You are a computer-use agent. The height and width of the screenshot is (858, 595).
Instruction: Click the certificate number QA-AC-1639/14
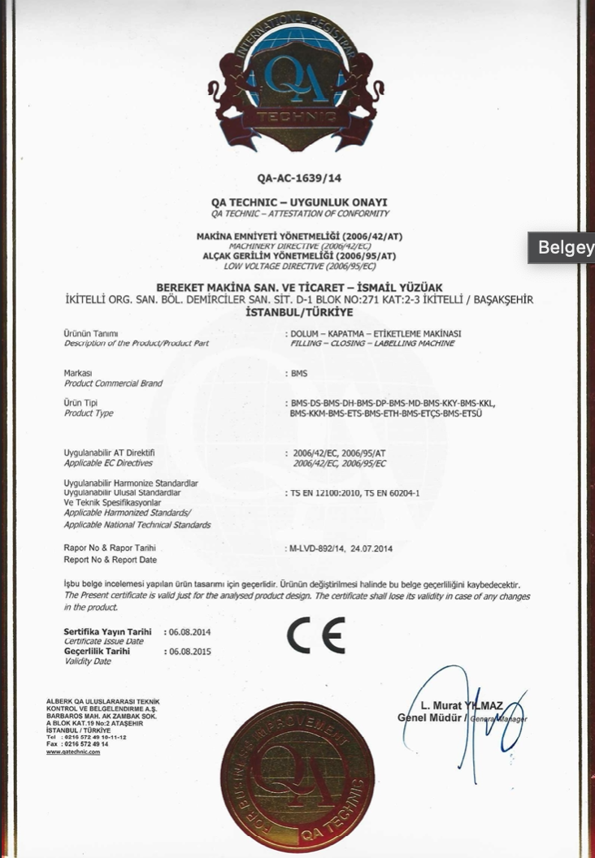click(x=299, y=179)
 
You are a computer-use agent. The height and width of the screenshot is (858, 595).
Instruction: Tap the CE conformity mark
click(x=315, y=636)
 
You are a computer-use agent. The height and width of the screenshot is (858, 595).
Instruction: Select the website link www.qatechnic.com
click(x=73, y=752)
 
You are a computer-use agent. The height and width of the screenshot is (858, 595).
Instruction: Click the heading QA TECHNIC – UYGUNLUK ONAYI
click(x=299, y=202)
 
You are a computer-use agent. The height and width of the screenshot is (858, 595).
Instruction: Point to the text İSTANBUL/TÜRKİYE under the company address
click(x=299, y=312)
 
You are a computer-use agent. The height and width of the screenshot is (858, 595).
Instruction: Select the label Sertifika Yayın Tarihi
click(x=107, y=631)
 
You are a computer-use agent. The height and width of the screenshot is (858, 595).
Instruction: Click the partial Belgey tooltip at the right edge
click(x=564, y=247)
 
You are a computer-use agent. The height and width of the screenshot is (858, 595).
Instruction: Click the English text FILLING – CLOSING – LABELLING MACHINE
click(x=371, y=344)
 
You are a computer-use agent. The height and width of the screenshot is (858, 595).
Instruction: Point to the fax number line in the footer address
click(x=77, y=743)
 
